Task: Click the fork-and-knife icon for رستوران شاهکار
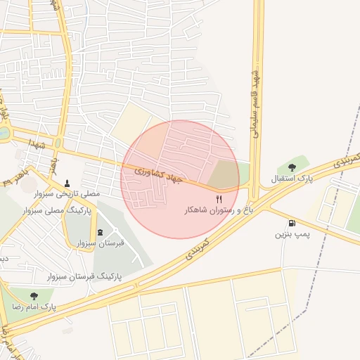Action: [219, 200]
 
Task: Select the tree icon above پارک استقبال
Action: [292, 167]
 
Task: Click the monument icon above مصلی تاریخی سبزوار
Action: [68, 183]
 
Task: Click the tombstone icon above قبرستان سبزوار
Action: [100, 231]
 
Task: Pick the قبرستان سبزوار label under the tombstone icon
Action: [100, 243]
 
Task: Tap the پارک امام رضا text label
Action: [32, 307]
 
